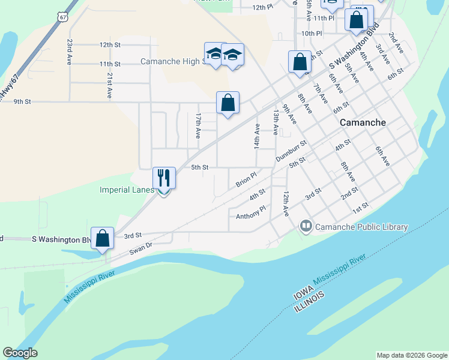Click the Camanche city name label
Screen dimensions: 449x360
tap(363, 122)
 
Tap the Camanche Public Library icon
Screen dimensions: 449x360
tap(306, 226)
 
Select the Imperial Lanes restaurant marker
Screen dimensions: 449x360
tap(164, 178)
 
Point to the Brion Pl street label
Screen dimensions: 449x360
tap(246, 179)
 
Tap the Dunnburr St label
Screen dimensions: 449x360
tap(291, 151)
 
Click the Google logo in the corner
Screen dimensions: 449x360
tap(20, 353)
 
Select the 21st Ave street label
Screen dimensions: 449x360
tap(110, 86)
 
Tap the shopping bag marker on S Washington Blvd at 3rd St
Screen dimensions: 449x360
tap(103, 238)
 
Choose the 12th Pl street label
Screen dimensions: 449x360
tap(263, 8)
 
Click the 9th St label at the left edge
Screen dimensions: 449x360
tap(22, 101)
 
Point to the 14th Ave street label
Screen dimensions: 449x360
tap(257, 136)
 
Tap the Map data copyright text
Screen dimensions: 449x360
tap(412, 355)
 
